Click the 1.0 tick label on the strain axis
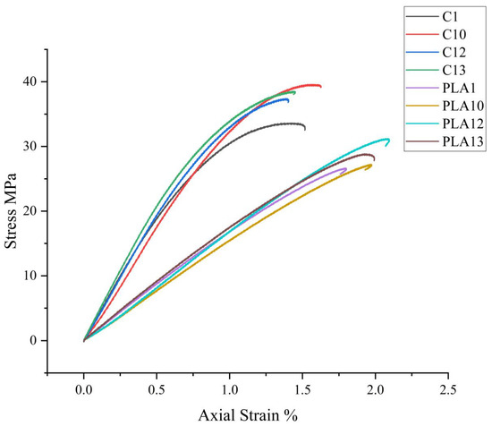point(229,389)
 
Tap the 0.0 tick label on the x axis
point(83,389)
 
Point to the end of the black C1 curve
point(305,130)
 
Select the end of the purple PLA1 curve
point(345,168)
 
